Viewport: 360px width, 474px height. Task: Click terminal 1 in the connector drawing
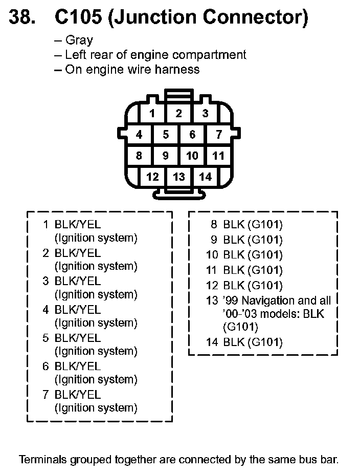(152, 114)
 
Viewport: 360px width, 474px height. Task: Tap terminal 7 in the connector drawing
(219, 135)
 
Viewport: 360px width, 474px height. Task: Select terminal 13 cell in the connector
(178, 177)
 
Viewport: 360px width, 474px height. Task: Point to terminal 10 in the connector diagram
(192, 156)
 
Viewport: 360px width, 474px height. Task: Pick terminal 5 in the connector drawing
(166, 135)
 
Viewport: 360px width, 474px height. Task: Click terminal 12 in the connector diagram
(152, 177)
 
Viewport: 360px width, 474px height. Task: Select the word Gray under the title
(79, 40)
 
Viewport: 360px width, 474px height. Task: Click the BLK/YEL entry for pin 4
(78, 310)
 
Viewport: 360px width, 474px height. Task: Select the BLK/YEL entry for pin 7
(78, 395)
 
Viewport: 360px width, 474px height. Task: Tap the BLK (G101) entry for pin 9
(253, 240)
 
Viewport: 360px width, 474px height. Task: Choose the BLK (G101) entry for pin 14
(253, 342)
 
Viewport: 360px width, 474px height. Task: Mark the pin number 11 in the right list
(212, 270)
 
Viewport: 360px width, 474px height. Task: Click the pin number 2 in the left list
(46, 253)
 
